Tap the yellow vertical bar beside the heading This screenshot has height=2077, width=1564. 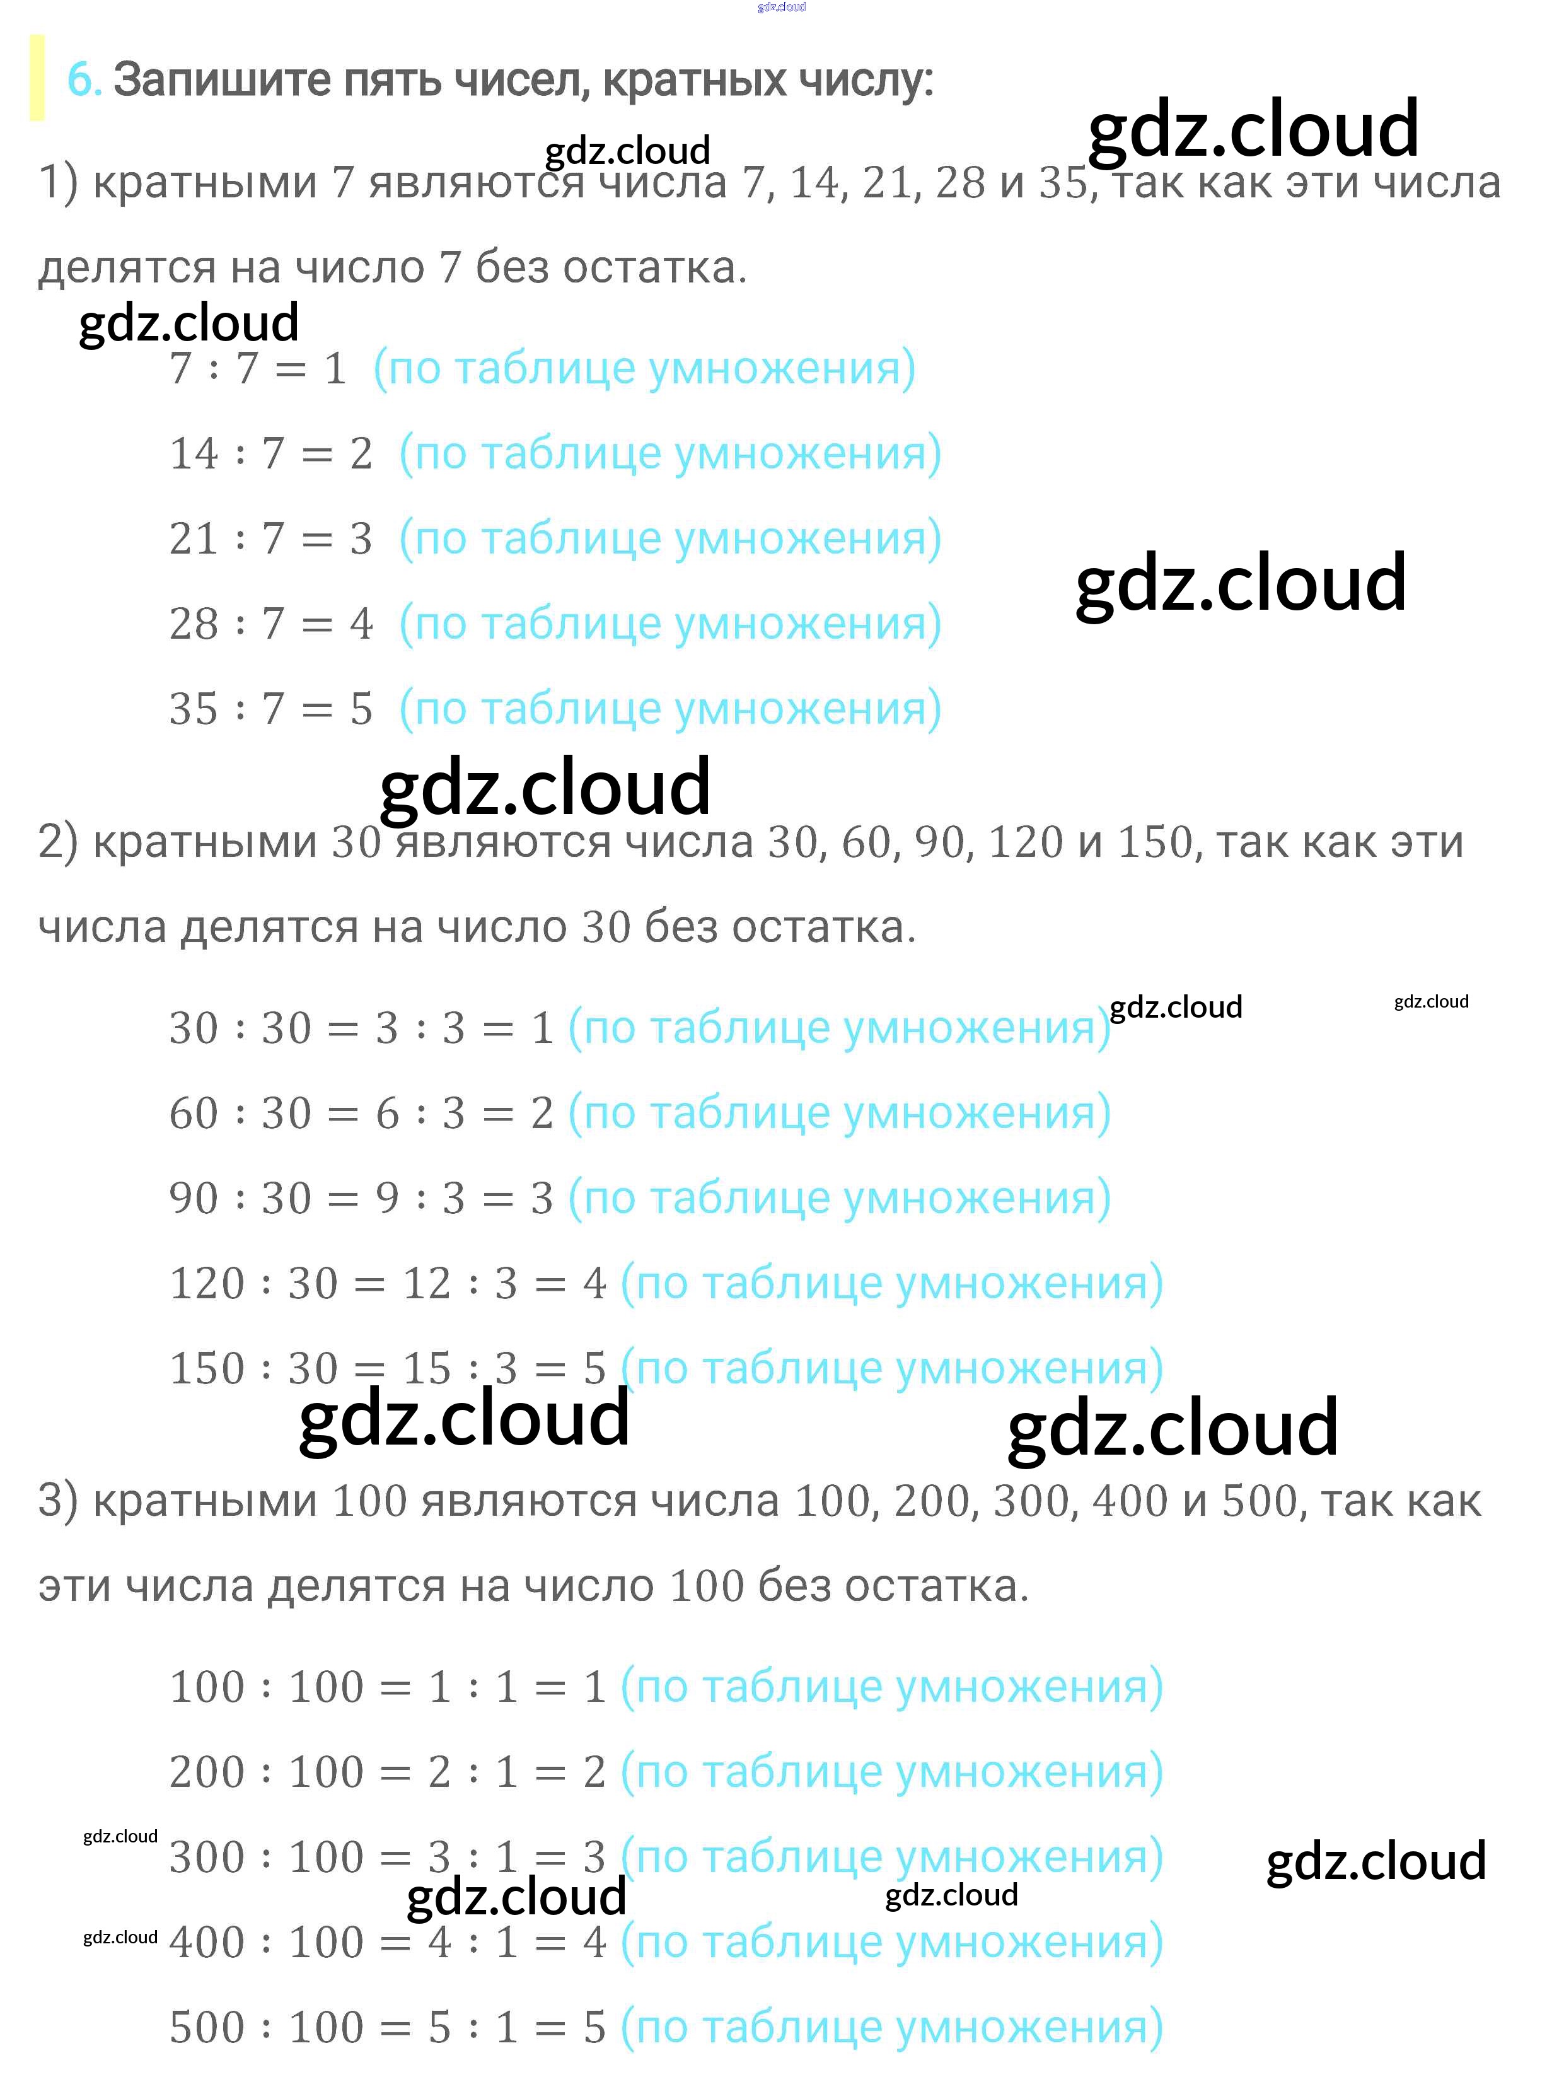click(37, 78)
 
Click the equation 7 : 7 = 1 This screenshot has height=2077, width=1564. click(258, 369)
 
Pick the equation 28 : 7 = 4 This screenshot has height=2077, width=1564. click(270, 624)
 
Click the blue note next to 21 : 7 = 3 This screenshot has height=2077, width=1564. click(670, 539)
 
